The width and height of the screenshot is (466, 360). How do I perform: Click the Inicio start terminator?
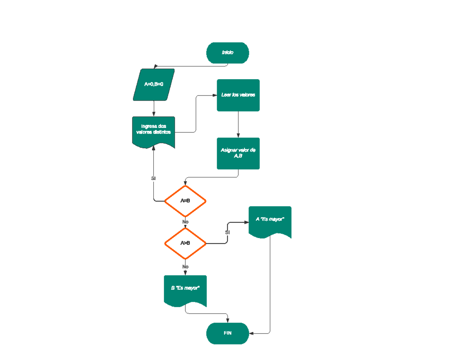228,53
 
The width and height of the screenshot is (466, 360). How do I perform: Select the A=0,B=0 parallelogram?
154,85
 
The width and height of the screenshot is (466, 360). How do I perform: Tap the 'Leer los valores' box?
238,95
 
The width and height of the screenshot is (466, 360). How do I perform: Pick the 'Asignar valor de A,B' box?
238,153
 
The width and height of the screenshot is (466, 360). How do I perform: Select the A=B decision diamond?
185,201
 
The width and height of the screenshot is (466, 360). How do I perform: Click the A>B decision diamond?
185,243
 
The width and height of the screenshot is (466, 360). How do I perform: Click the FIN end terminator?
228,333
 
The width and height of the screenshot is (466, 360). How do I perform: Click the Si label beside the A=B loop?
153,178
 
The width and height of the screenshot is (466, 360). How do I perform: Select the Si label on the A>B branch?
228,232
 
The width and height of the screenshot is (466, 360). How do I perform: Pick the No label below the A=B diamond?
185,222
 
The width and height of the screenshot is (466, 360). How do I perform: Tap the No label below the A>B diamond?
185,267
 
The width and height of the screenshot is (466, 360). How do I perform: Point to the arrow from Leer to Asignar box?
238,124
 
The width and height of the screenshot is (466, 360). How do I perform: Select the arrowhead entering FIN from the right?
251,333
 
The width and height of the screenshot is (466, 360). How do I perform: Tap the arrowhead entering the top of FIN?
228,320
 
